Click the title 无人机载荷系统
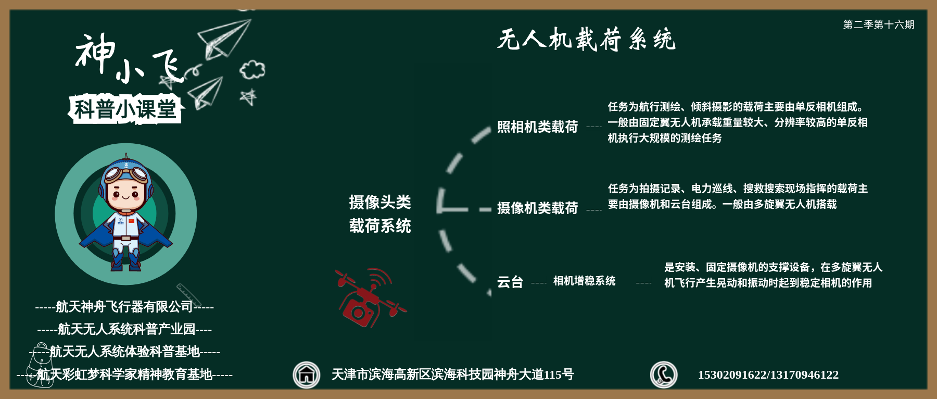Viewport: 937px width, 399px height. tap(586, 40)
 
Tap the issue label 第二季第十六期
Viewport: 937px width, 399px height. tap(879, 24)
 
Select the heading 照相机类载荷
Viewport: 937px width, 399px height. tap(537, 127)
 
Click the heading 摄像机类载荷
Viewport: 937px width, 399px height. tap(537, 208)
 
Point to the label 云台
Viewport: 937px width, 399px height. tap(510, 282)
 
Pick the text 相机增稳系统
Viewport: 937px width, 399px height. tap(584, 281)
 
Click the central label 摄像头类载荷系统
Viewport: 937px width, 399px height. tap(380, 214)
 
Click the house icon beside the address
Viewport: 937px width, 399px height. tap(307, 375)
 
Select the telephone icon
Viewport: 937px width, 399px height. tap(664, 375)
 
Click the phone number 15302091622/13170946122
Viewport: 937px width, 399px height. tap(768, 375)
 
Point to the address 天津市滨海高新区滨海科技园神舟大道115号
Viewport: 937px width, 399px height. tap(453, 375)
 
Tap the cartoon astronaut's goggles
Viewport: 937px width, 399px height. tap(126, 172)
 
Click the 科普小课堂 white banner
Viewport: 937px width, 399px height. tap(125, 109)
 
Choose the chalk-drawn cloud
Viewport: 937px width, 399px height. tap(252, 70)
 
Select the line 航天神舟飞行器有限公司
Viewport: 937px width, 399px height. tap(124, 307)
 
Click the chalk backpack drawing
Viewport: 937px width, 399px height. tap(41, 365)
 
